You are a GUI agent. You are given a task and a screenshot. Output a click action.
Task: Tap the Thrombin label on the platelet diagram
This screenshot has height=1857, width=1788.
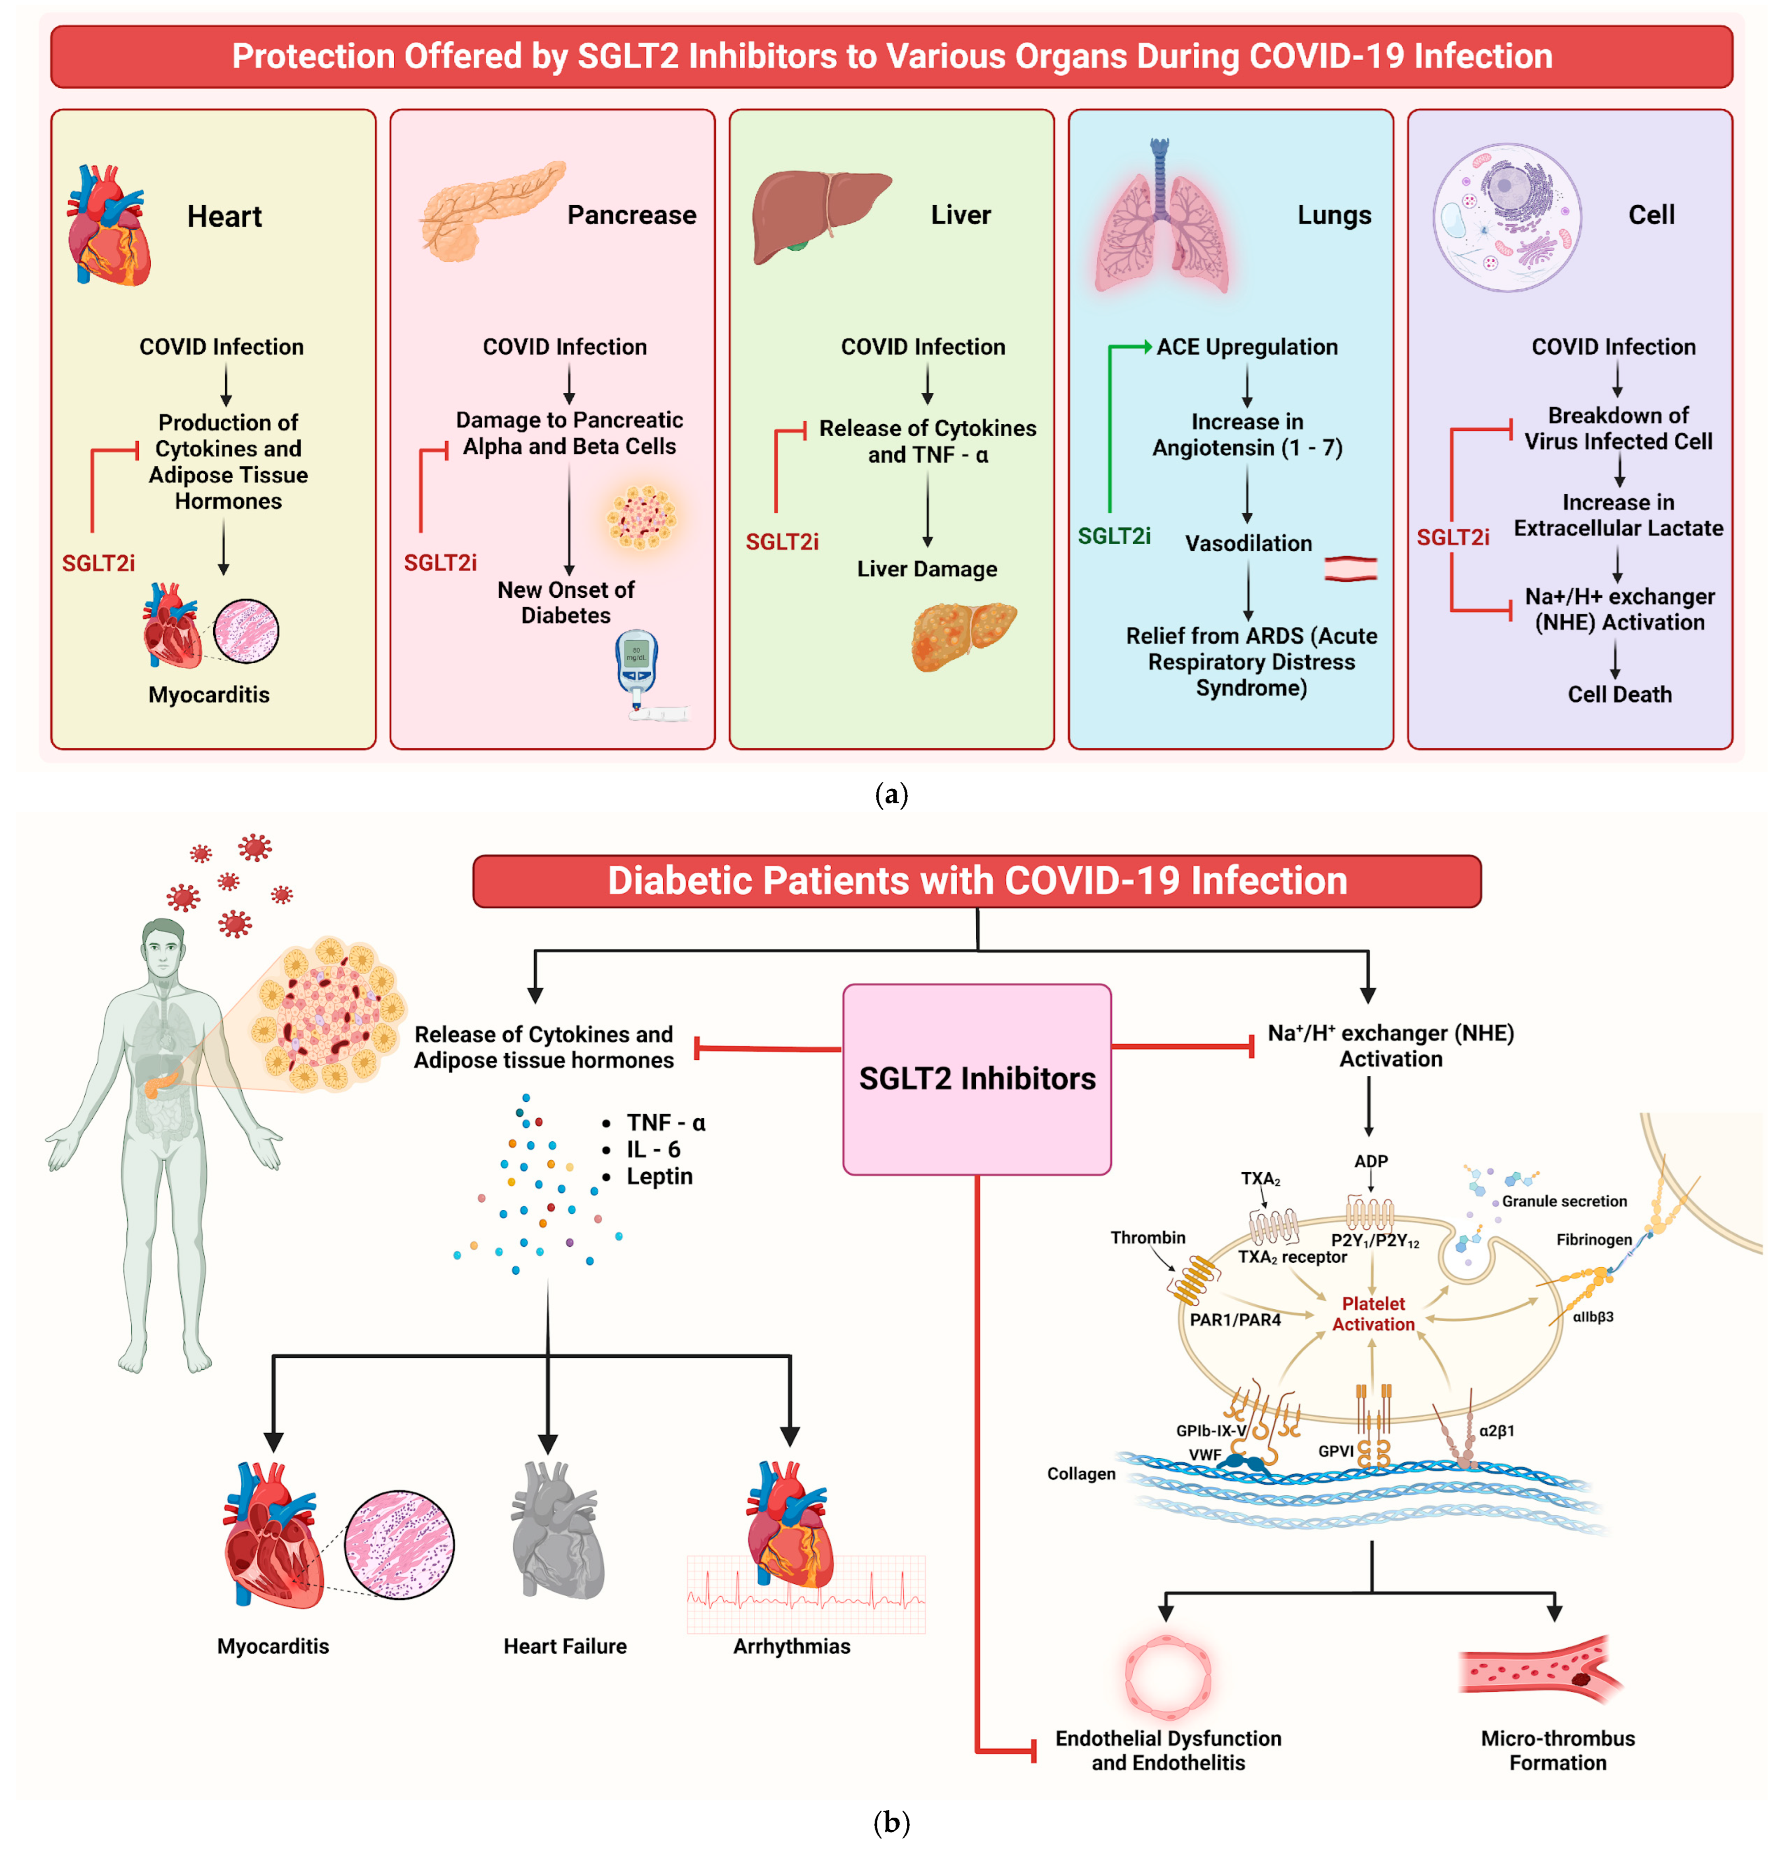click(1148, 1237)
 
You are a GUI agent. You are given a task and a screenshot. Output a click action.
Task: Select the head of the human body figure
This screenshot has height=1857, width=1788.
click(163, 947)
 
